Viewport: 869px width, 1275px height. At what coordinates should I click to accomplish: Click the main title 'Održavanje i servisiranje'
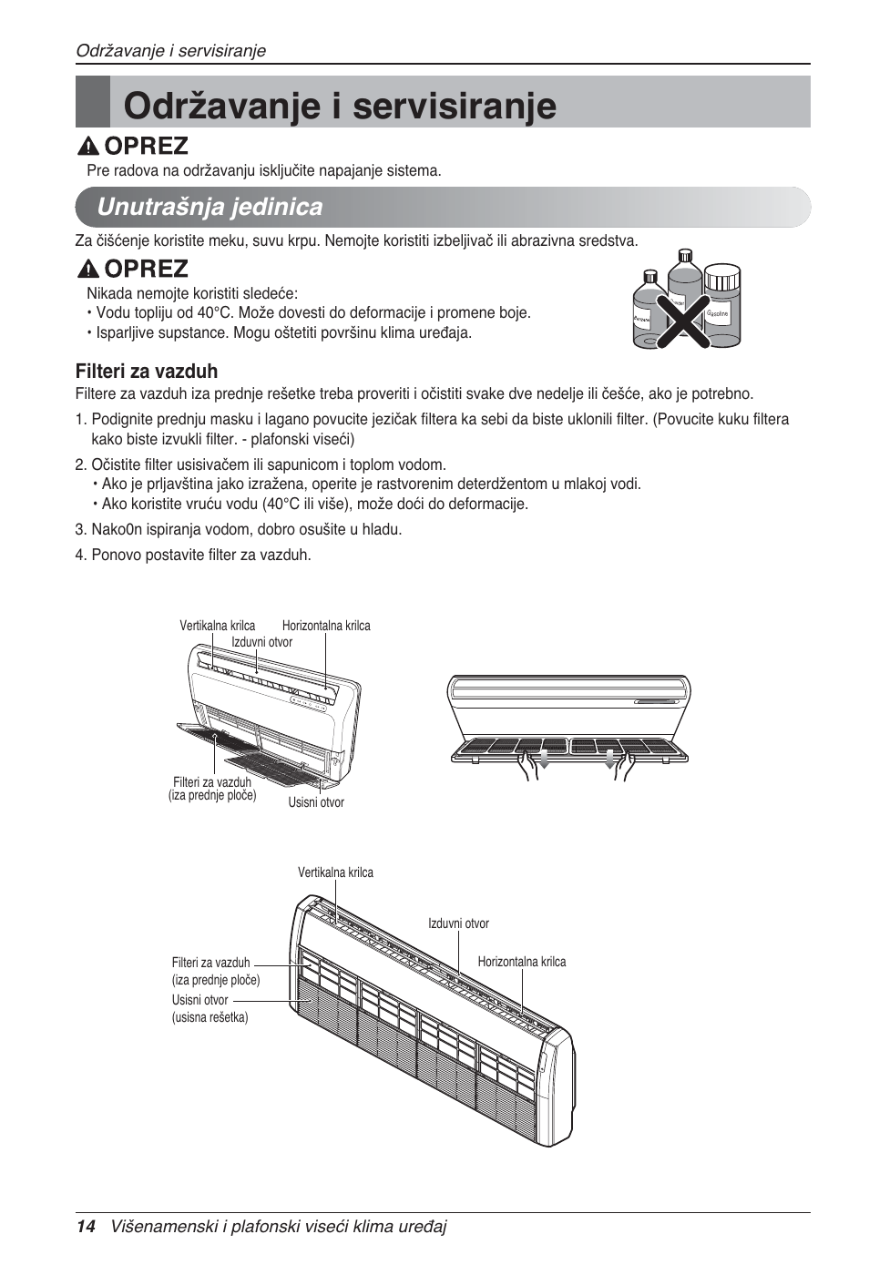[339, 105]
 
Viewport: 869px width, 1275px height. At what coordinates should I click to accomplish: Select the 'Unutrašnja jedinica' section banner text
[210, 208]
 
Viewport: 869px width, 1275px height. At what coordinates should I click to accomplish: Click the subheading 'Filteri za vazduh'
[147, 372]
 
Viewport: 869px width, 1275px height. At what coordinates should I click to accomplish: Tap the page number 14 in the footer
[86, 1227]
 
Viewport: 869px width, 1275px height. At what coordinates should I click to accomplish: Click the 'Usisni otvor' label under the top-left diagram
[316, 803]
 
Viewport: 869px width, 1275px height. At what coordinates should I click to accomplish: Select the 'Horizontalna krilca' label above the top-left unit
[326, 626]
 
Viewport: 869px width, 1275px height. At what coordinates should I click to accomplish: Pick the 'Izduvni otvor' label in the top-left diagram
[261, 642]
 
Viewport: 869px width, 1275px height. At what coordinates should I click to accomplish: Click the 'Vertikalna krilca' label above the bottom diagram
[335, 872]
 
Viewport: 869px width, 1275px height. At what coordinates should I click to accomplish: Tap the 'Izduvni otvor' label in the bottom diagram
[458, 923]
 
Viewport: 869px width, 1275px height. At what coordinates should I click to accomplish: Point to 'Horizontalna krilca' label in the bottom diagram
[521, 962]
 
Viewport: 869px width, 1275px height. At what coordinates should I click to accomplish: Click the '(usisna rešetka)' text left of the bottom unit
[210, 1017]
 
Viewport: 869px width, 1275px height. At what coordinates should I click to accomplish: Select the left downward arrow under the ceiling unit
[544, 760]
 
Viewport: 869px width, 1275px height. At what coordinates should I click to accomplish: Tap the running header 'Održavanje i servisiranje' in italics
[170, 51]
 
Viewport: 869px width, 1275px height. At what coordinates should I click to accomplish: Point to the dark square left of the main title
[92, 102]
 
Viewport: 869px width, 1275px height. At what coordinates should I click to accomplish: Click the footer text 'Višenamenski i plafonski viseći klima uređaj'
[279, 1227]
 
